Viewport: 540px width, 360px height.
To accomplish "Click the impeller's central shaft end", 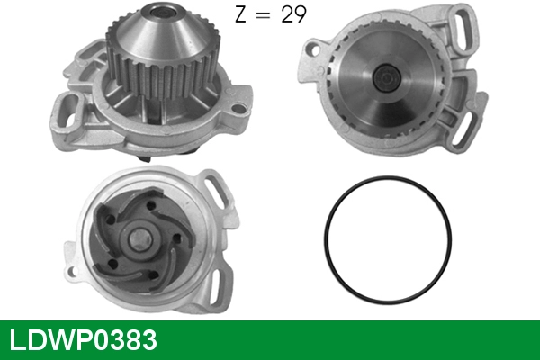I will click(140, 238).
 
